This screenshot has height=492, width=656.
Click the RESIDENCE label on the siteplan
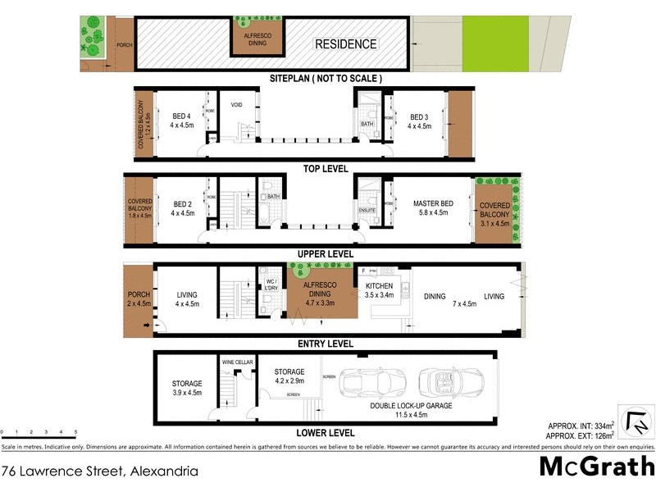pos(346,44)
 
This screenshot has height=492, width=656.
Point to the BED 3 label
pos(420,116)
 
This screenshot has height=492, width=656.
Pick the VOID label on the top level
pos(237,106)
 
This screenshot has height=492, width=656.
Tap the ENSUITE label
pos(368,210)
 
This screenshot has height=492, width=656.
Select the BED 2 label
pos(182,204)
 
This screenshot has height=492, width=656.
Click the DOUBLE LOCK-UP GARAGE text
pos(411,405)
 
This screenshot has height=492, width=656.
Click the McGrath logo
pos(596,467)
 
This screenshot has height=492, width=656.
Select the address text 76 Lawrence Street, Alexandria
pos(99,471)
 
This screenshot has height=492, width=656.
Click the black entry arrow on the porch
pos(146,326)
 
